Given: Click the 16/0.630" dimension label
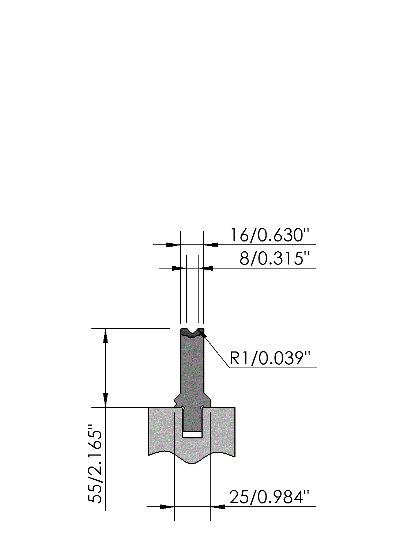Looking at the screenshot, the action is tap(269, 235).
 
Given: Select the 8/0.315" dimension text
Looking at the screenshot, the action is tap(274, 259).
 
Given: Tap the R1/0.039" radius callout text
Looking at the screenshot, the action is tap(269, 358).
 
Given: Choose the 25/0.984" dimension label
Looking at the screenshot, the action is tap(269, 497).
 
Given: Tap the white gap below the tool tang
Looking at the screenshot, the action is tap(192, 435).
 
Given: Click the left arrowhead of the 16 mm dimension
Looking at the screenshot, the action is tap(173, 245).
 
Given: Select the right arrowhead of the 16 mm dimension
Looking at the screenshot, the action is tap(211, 245).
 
